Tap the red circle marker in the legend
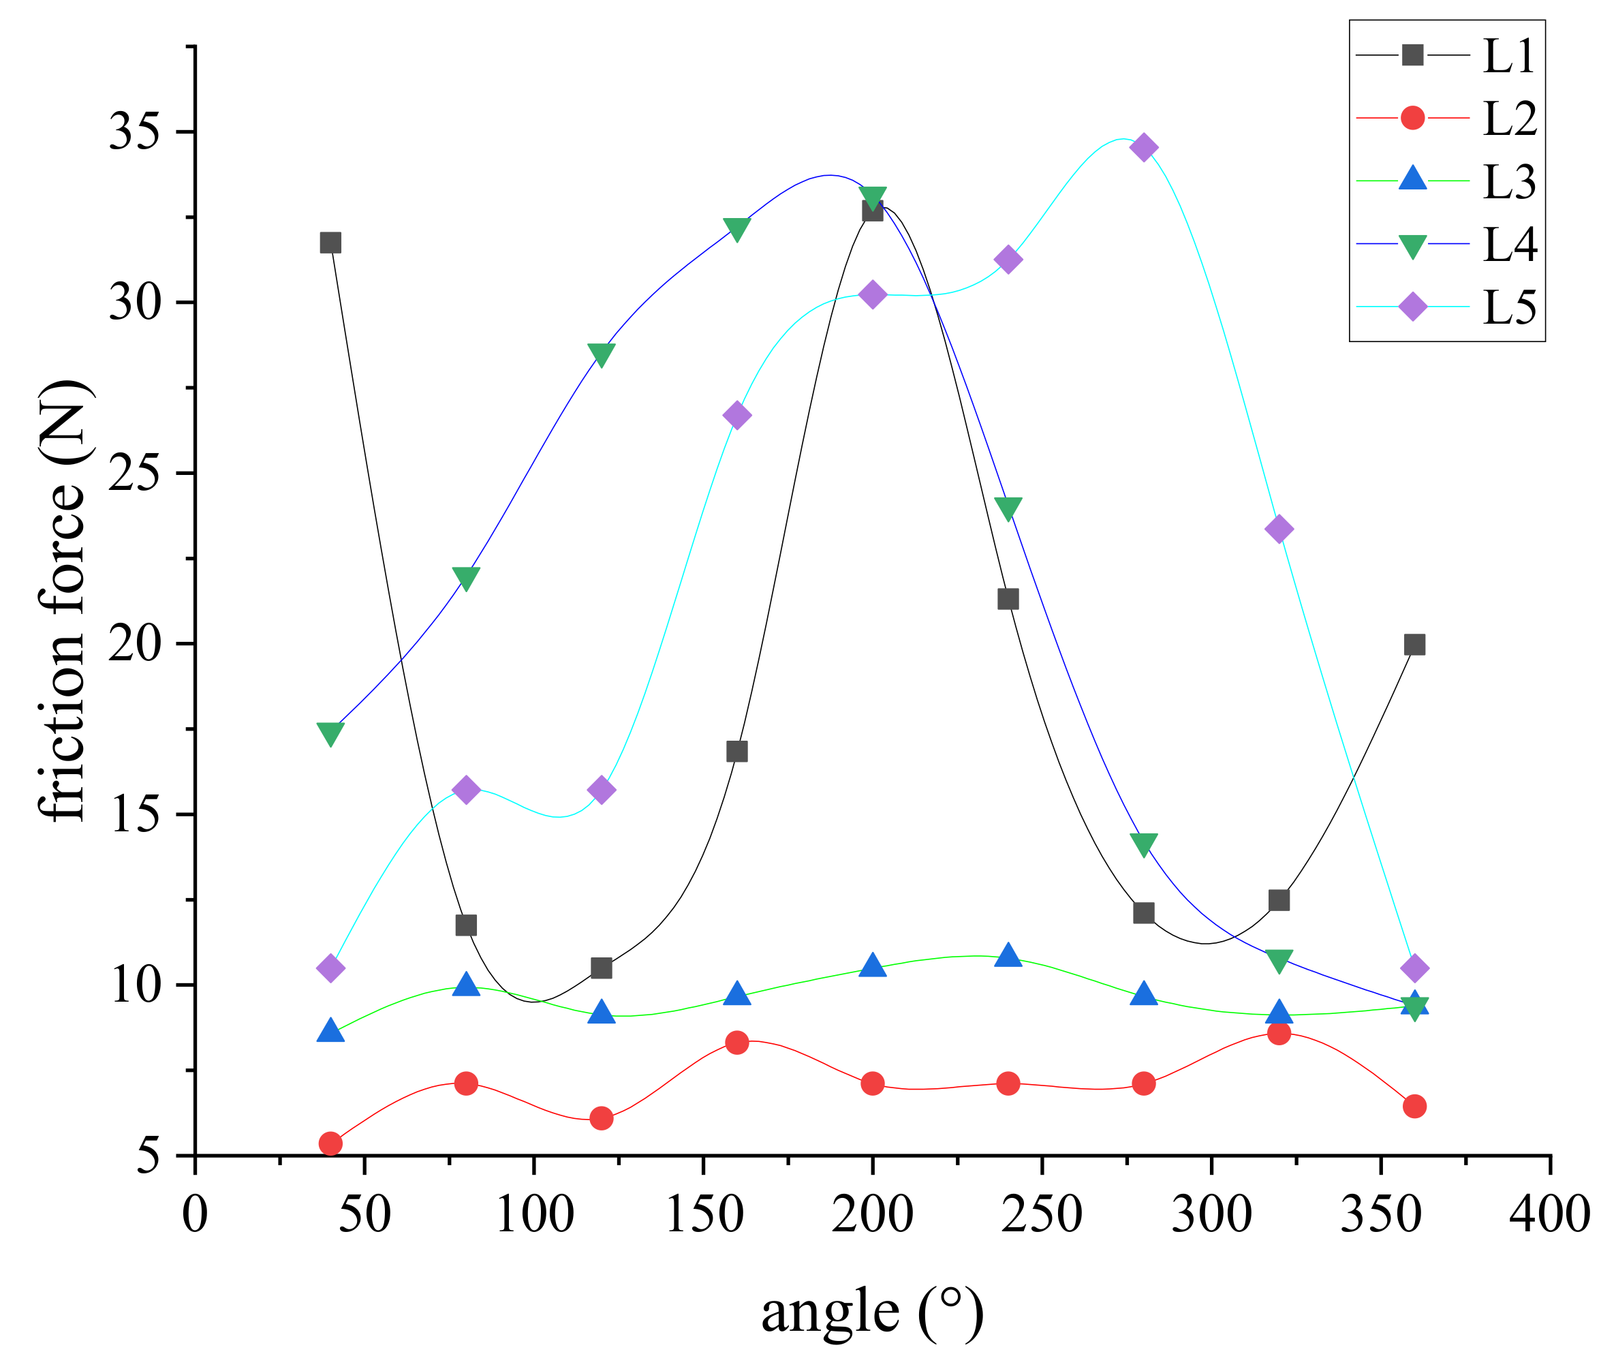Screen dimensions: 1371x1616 tap(1412, 118)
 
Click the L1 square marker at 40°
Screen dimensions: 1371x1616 tap(330, 243)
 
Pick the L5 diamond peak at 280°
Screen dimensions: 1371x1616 tap(1143, 147)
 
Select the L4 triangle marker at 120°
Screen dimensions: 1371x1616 tap(602, 354)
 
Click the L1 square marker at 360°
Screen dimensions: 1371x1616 tap(1414, 645)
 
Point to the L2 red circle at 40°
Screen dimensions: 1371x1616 tap(330, 1143)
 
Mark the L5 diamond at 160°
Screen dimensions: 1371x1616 tap(736, 416)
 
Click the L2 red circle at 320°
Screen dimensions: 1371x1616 tap(1279, 1033)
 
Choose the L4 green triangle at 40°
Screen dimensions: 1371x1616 tap(330, 733)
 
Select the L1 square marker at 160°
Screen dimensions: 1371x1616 tap(736, 752)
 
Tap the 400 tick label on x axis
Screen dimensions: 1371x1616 tap(1549, 1214)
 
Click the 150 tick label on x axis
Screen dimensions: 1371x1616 tap(704, 1214)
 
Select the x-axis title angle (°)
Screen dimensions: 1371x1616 tap(872, 1312)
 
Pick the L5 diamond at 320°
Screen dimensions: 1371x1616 tap(1279, 529)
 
